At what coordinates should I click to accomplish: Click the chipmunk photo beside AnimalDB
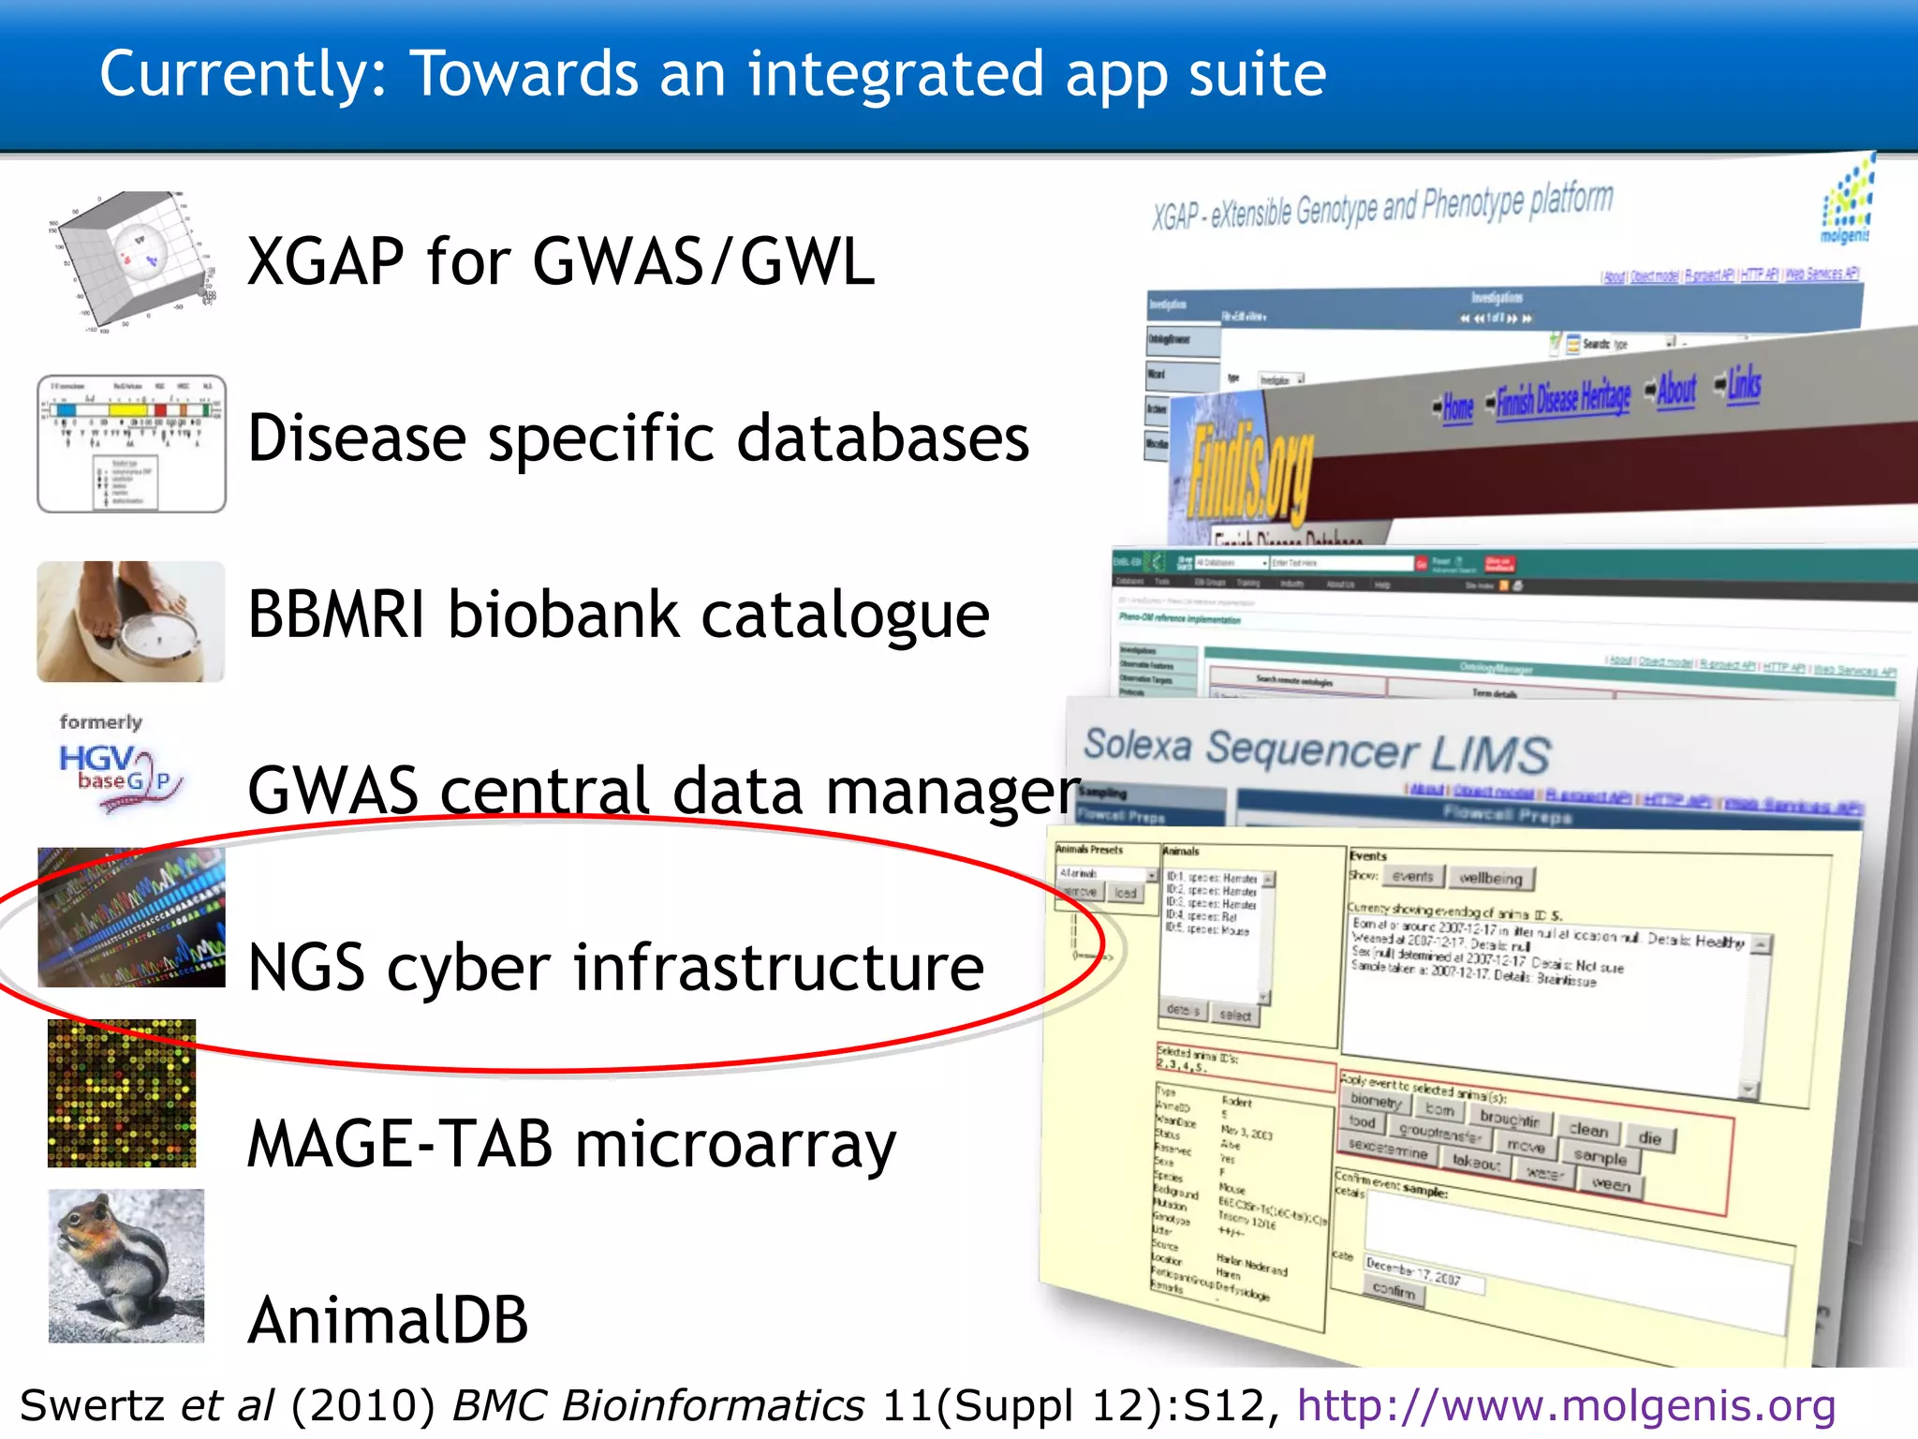click(x=126, y=1266)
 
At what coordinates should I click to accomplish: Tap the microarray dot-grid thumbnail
click(x=122, y=1093)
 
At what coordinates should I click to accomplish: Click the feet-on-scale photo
click(x=131, y=621)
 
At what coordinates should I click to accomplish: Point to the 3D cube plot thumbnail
click(x=131, y=260)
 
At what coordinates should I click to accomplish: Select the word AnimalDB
click(x=388, y=1320)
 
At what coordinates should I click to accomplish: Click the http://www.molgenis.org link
click(x=1566, y=1405)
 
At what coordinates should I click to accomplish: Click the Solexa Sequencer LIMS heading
click(x=1317, y=750)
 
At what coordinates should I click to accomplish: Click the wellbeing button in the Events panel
click(x=1492, y=878)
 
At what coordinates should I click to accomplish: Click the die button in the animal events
click(x=1650, y=1138)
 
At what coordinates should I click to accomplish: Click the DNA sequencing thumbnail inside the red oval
click(x=131, y=917)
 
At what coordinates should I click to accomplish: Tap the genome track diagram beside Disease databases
click(x=131, y=443)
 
